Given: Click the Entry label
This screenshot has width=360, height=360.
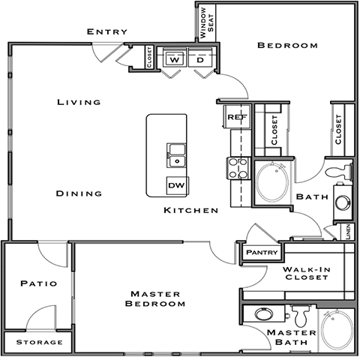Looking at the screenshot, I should tap(106, 31).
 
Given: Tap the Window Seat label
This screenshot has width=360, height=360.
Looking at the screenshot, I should tap(206, 23).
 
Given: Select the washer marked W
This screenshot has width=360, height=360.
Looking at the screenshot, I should tap(175, 59).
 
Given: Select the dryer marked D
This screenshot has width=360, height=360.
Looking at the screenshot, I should tap(201, 59).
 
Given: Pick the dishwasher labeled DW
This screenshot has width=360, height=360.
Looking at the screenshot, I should tap(176, 185).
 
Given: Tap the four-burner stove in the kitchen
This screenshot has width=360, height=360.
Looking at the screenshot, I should tap(237, 168).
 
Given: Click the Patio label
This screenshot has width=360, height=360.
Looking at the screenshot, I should tap(35, 284).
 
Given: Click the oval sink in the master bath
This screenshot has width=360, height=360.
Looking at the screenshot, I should tap(264, 314).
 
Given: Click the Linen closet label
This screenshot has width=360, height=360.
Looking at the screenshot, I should tap(349, 232).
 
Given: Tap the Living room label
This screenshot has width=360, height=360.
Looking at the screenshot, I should tap(79, 102).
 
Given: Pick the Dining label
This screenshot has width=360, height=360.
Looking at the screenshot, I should tap(79, 193).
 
